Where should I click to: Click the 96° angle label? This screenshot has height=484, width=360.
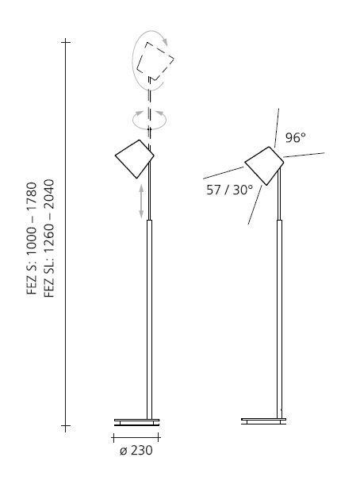click(x=295, y=138)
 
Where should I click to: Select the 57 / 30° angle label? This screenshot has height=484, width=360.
click(x=229, y=190)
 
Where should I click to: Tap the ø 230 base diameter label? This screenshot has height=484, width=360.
click(x=136, y=451)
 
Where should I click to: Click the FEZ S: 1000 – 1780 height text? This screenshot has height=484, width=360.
click(x=32, y=238)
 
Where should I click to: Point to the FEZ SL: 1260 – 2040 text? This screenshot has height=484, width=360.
click(x=49, y=238)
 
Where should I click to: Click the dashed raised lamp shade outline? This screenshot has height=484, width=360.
click(x=155, y=61)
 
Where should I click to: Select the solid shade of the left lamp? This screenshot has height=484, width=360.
click(x=135, y=159)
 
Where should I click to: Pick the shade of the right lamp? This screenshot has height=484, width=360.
click(x=264, y=166)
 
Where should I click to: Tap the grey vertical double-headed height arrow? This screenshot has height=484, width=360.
click(x=141, y=202)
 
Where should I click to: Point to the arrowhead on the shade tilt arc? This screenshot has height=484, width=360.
click(x=165, y=41)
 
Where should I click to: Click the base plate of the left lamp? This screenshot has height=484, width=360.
click(x=136, y=422)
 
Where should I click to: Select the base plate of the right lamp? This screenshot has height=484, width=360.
click(x=263, y=421)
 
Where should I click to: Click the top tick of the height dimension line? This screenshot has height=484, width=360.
click(x=66, y=42)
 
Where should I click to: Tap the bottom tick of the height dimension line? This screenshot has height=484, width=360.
click(x=66, y=425)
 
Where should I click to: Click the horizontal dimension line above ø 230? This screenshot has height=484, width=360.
click(x=136, y=437)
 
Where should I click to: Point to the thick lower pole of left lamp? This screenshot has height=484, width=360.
click(x=149, y=320)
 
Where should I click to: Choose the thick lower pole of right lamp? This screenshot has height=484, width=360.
click(x=279, y=319)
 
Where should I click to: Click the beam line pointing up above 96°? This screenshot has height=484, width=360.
click(x=277, y=128)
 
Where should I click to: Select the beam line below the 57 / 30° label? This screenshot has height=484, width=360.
click(x=255, y=205)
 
